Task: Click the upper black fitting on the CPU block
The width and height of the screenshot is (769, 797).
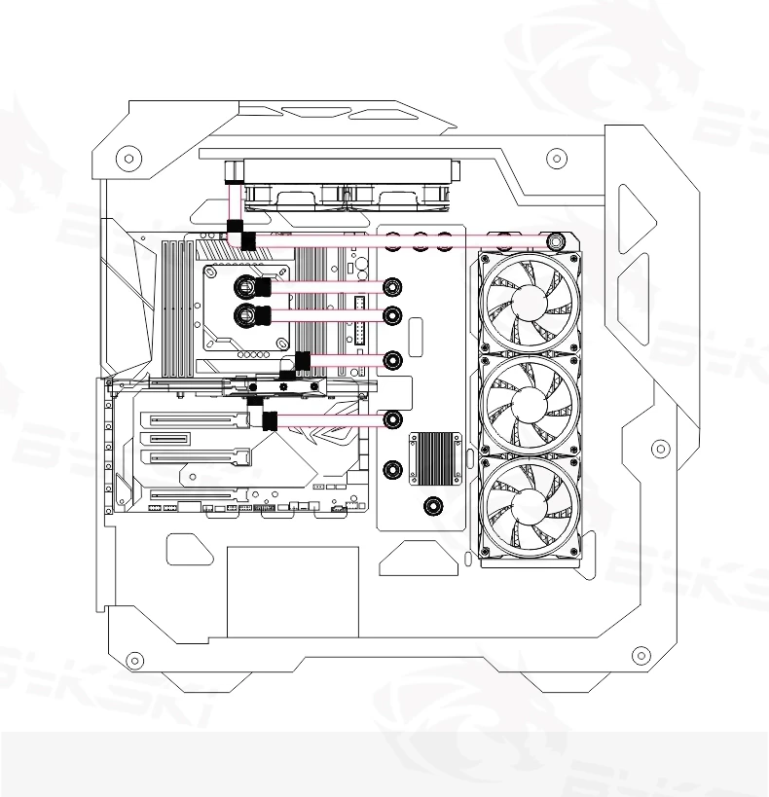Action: pyautogui.click(x=261, y=287)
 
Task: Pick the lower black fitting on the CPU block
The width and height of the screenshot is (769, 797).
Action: pyautogui.click(x=261, y=314)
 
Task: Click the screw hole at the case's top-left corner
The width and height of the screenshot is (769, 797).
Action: pyautogui.click(x=127, y=157)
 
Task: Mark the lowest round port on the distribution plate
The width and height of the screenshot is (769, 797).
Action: pyautogui.click(x=431, y=505)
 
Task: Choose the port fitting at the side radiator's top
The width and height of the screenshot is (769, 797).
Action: pyautogui.click(x=555, y=238)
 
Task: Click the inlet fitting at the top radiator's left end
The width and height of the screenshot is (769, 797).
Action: pyautogui.click(x=234, y=175)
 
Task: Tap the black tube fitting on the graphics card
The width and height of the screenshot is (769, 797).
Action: pyautogui.click(x=270, y=420)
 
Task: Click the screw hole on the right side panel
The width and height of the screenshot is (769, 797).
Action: pyautogui.click(x=660, y=449)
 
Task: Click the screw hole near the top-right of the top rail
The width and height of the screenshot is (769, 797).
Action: pyautogui.click(x=555, y=157)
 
